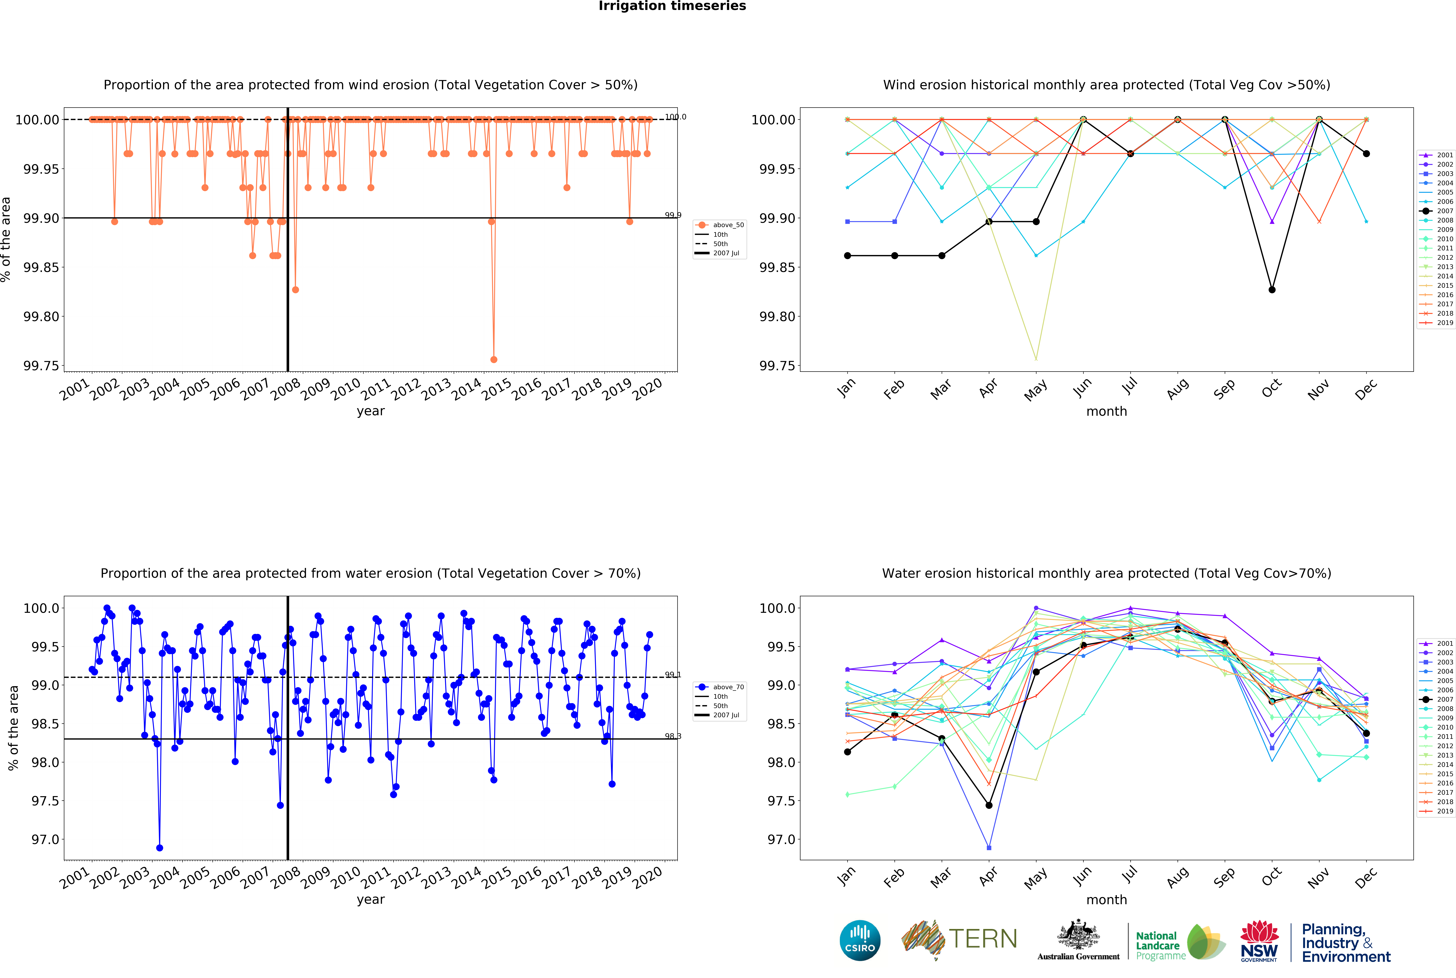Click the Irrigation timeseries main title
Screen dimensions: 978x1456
[x=672, y=6]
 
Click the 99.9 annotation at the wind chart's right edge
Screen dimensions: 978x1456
[x=673, y=215]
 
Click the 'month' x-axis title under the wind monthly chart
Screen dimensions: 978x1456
[x=1106, y=412]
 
